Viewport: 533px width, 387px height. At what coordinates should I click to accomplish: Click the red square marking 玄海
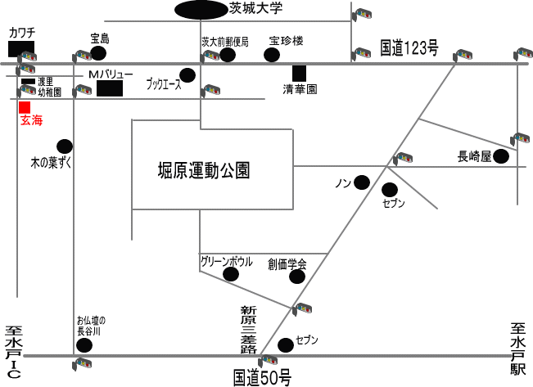click(25, 107)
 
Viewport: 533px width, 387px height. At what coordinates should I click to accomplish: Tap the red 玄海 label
click(32, 120)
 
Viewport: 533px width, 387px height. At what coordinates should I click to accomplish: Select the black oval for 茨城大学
click(201, 10)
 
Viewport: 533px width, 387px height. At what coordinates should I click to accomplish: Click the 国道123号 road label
click(409, 48)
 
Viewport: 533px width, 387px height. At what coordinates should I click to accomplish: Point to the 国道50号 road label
click(263, 378)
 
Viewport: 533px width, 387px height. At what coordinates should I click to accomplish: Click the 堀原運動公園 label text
click(204, 170)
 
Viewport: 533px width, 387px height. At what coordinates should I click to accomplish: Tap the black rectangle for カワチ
click(21, 48)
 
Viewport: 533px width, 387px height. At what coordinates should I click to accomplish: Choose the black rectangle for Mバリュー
click(110, 88)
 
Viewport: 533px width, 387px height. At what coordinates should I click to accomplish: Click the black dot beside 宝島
click(98, 53)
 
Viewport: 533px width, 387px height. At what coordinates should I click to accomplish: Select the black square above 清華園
click(299, 74)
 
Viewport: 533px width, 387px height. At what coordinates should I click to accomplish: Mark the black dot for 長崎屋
click(501, 156)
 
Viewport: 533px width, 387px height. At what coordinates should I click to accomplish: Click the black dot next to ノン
click(362, 182)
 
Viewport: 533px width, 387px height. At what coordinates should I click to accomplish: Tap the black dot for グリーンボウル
click(231, 274)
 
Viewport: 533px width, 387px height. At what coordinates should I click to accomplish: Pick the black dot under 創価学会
click(297, 277)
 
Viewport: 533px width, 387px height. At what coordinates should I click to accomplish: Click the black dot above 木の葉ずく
click(65, 146)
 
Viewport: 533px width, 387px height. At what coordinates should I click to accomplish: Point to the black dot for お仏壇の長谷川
click(84, 345)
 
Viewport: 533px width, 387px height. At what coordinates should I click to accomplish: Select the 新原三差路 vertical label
click(249, 330)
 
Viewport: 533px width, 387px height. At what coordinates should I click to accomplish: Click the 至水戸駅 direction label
click(518, 349)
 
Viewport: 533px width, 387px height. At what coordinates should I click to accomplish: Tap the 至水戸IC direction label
click(14, 352)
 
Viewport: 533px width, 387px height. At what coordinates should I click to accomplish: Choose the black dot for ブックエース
click(187, 75)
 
